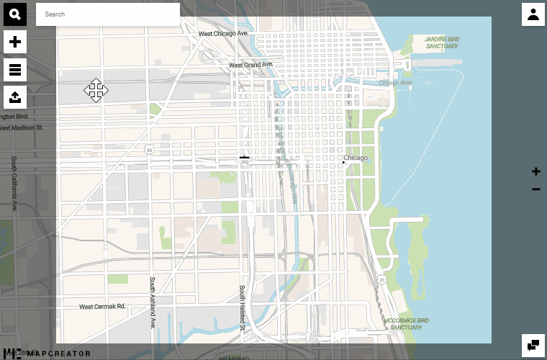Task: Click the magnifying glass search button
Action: point(15,14)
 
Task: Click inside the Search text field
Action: point(108,14)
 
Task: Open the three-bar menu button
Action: point(15,69)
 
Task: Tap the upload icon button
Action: point(15,96)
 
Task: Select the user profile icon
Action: point(533,14)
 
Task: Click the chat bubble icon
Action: point(533,346)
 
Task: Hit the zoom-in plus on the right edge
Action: point(535,171)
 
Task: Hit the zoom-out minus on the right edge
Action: point(535,189)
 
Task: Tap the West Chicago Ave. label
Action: point(223,34)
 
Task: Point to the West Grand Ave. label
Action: point(251,65)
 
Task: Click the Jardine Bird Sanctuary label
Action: point(441,42)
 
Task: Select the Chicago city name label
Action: point(356,158)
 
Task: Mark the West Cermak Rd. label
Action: point(102,306)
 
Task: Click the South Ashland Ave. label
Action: point(153,302)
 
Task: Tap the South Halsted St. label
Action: point(243,308)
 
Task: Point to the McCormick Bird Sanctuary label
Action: point(407,323)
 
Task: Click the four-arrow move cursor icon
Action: point(96,91)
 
